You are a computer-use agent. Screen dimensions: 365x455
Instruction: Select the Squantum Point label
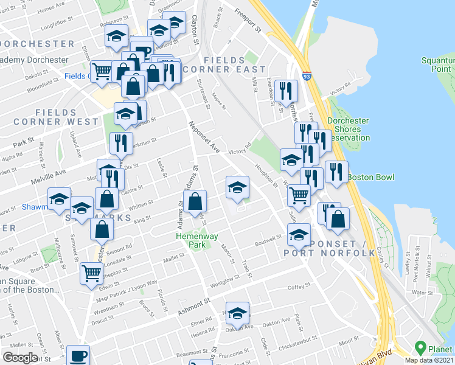coord(439,64)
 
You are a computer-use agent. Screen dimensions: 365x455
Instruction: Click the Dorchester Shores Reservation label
coord(348,129)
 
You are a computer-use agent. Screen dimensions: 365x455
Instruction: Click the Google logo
coord(20,358)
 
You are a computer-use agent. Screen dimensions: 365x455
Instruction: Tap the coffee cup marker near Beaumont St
coord(77,355)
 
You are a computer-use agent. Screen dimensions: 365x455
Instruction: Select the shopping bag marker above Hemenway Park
coord(195,201)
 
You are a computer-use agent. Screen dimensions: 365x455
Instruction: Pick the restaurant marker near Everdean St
coord(285,91)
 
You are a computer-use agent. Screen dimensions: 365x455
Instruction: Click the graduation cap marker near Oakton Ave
coord(237,312)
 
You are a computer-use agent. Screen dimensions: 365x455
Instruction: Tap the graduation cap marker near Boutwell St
coord(299,234)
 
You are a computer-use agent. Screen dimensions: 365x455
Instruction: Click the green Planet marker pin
coord(420,349)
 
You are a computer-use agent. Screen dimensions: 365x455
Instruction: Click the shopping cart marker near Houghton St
coord(299,195)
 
